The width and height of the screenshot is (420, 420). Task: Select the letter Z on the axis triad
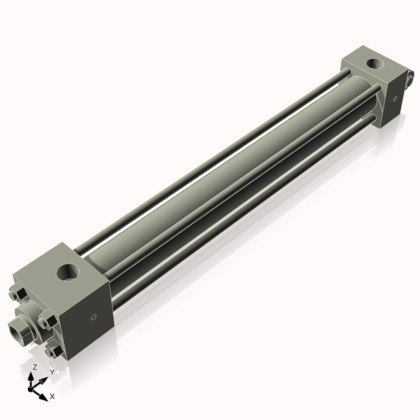(35, 368)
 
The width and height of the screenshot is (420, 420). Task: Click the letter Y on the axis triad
(52, 372)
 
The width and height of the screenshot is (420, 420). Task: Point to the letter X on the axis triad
(53, 396)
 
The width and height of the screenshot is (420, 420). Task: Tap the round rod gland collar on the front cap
(29, 319)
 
